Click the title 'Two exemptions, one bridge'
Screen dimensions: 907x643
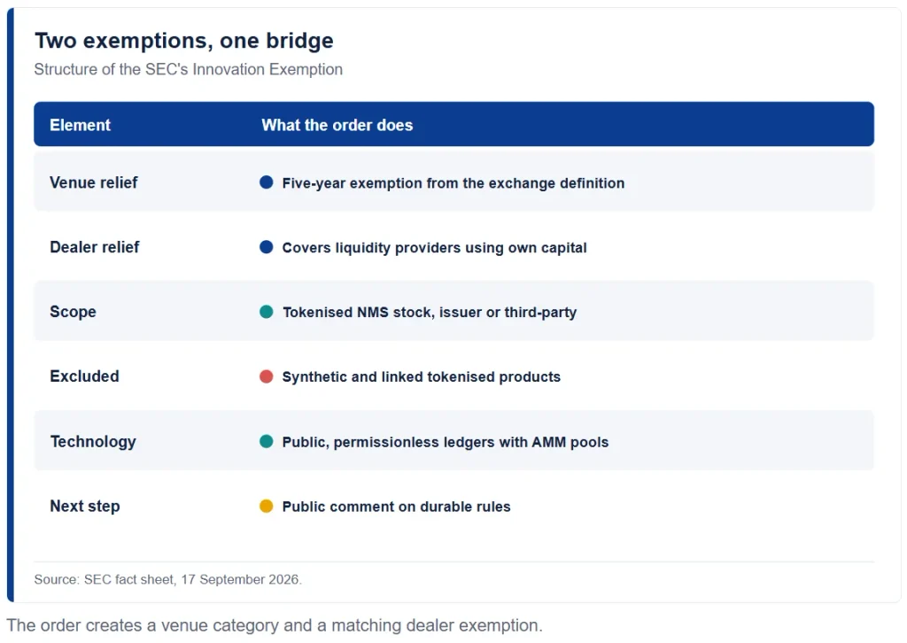tap(184, 41)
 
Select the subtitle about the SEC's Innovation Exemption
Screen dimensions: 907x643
tap(188, 69)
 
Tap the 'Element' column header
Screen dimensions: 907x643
tap(80, 125)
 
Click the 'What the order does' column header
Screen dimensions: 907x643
tap(337, 125)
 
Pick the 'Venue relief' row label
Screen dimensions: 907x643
tap(94, 182)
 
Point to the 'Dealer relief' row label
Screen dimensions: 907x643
tap(94, 247)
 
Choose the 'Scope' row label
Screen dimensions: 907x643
tap(73, 312)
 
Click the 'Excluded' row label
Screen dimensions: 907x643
tap(84, 376)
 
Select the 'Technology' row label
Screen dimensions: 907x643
tap(93, 442)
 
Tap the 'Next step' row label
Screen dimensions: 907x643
tap(85, 507)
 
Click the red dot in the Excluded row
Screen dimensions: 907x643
tap(266, 377)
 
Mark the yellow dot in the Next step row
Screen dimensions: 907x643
tap(266, 507)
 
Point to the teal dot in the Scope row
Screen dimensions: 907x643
tap(266, 313)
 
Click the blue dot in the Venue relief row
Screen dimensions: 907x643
tap(266, 182)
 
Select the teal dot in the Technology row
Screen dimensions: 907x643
tap(266, 442)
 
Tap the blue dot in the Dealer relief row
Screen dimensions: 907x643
tap(266, 247)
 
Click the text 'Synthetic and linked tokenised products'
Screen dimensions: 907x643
tap(421, 377)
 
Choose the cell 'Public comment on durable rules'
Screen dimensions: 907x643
tap(396, 507)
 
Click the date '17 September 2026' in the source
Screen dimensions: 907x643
tap(240, 579)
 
